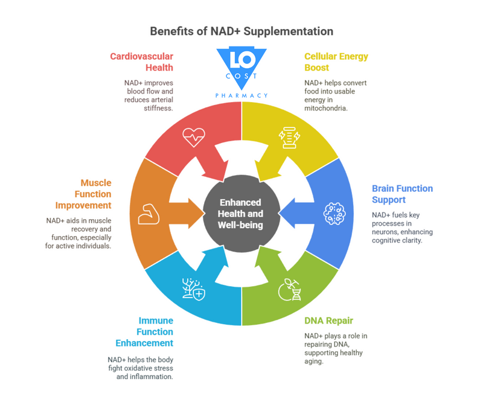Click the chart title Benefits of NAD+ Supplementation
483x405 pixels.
click(x=241, y=31)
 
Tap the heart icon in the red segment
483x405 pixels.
click(x=194, y=137)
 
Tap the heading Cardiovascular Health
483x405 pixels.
click(x=141, y=62)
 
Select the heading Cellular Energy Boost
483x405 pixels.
click(x=336, y=62)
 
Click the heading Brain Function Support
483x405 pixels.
click(x=402, y=194)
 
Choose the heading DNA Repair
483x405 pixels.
click(x=328, y=320)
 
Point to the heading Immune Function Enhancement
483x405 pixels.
click(x=145, y=331)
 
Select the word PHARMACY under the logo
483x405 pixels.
click(x=241, y=95)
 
